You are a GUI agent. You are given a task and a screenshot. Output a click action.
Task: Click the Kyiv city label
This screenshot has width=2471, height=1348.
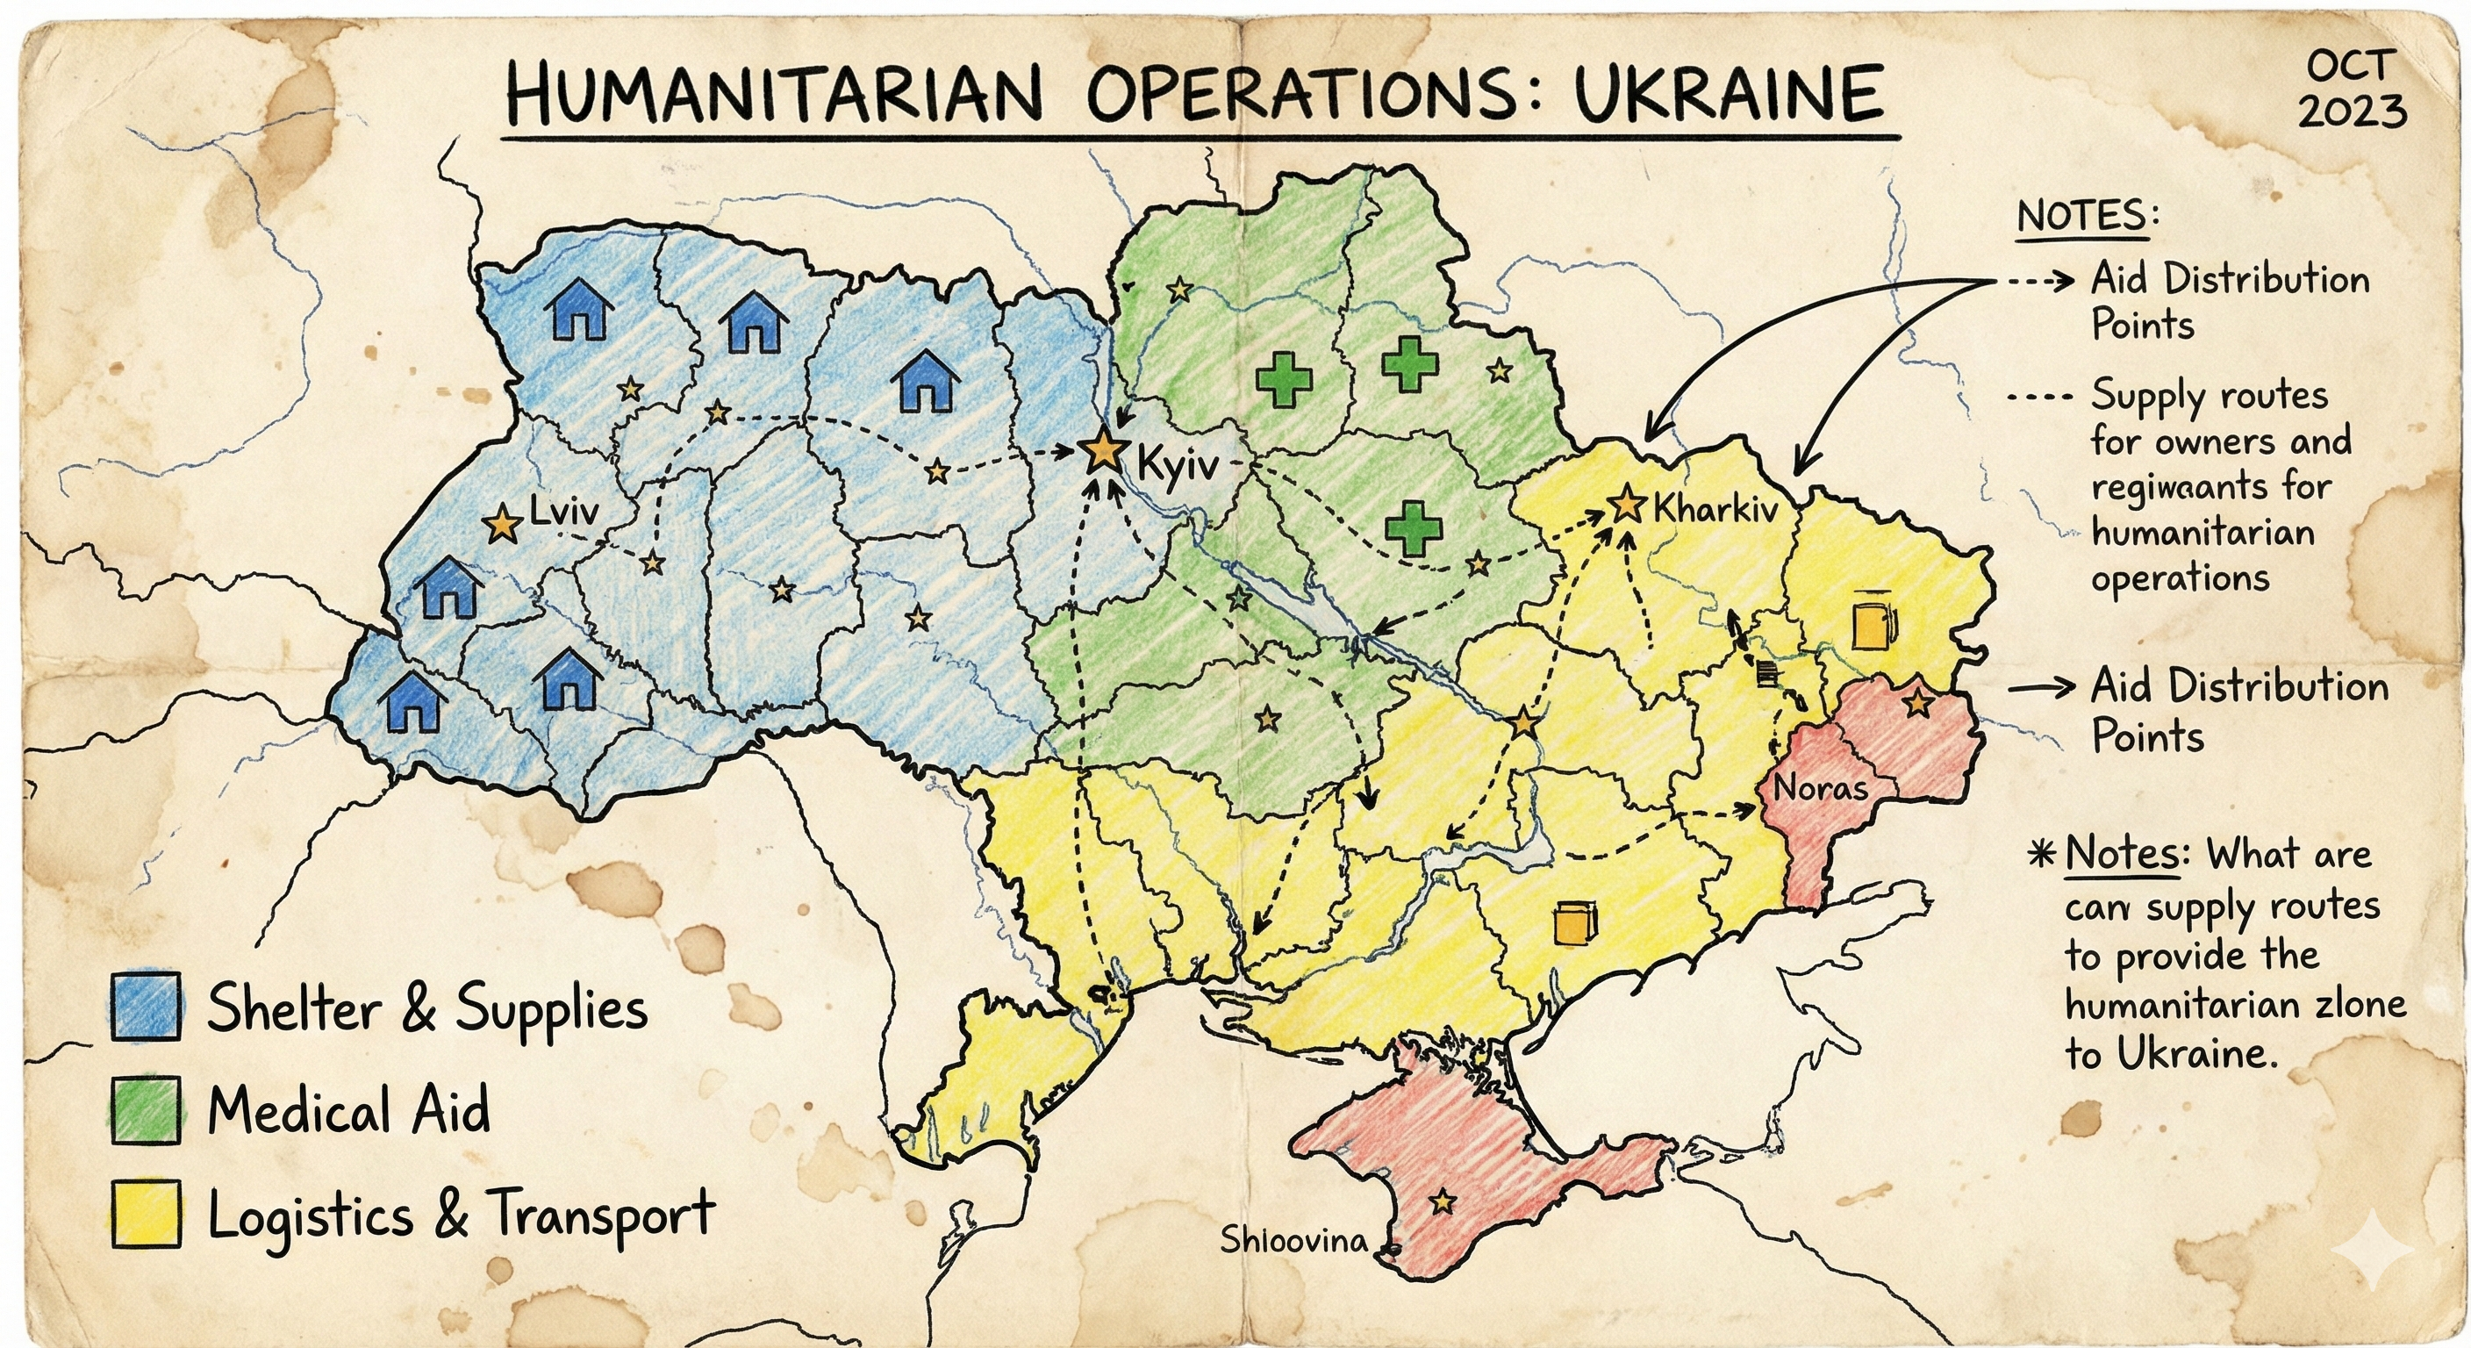click(1177, 466)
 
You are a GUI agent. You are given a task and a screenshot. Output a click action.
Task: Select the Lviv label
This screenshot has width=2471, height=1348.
click(564, 511)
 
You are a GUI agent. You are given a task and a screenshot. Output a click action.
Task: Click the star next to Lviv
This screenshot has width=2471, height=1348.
click(501, 525)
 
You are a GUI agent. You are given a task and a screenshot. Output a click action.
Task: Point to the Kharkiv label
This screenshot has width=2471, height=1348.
click(1715, 508)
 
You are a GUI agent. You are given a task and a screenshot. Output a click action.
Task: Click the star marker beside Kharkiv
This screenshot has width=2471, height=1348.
click(1627, 505)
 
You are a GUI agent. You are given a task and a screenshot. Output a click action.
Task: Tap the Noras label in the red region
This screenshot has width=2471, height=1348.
click(1820, 789)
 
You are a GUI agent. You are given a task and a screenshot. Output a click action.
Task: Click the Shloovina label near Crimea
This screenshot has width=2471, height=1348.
click(1293, 1241)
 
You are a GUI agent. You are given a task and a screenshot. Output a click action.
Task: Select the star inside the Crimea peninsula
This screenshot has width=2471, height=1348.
click(1442, 1202)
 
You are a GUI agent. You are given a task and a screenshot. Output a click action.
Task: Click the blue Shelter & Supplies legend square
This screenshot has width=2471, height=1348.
click(146, 1007)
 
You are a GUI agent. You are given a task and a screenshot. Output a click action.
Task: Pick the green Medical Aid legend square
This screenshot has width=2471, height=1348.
click(146, 1110)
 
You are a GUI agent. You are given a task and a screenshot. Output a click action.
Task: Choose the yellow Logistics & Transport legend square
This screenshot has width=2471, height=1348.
click(146, 1214)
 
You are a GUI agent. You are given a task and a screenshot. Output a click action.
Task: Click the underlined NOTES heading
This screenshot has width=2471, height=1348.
click(2081, 216)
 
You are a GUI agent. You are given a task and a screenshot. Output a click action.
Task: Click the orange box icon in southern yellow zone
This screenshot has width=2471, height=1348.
click(1575, 924)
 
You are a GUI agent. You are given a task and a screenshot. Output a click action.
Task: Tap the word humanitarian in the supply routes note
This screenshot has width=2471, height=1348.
click(2202, 533)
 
